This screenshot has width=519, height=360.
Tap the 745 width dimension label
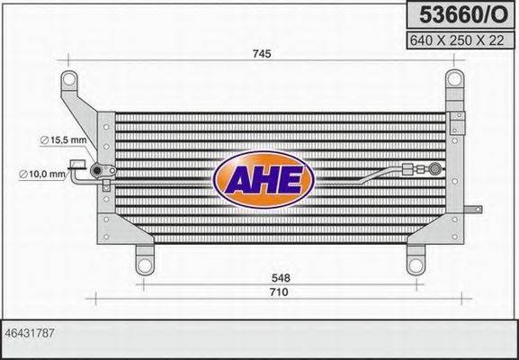[x=262, y=54]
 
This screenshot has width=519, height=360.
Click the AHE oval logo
[x=263, y=177]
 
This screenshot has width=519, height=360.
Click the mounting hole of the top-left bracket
[x=67, y=83]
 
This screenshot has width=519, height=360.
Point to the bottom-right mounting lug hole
[x=416, y=265]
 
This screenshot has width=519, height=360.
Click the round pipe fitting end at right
[x=436, y=166]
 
